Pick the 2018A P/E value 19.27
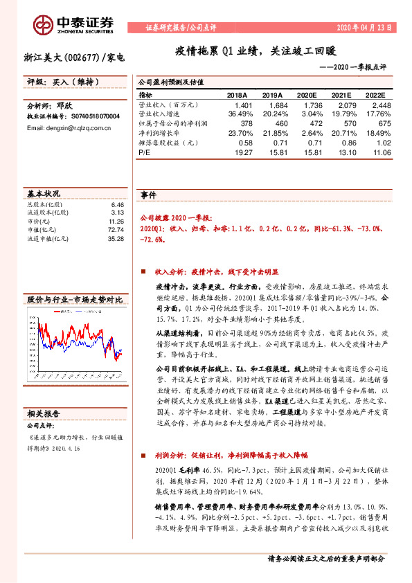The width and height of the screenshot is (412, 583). [x=236, y=151]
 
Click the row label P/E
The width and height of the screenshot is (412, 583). [x=144, y=151]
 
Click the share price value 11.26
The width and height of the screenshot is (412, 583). [x=116, y=221]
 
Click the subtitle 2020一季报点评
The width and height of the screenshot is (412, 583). [x=355, y=68]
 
